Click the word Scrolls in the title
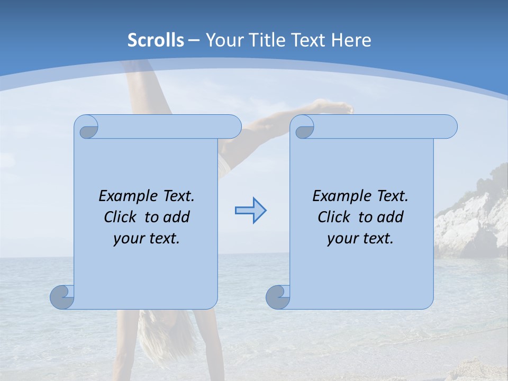pos(156,40)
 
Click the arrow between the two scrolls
pos(250,210)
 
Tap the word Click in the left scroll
pos(123,217)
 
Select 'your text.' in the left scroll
pos(146,238)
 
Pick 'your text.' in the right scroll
pos(360,238)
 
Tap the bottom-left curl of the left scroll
pos(62,297)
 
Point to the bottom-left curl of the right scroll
pos(278,297)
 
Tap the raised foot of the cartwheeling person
pos(339,108)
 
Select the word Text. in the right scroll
pos(392,196)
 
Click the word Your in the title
pos(223,40)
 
